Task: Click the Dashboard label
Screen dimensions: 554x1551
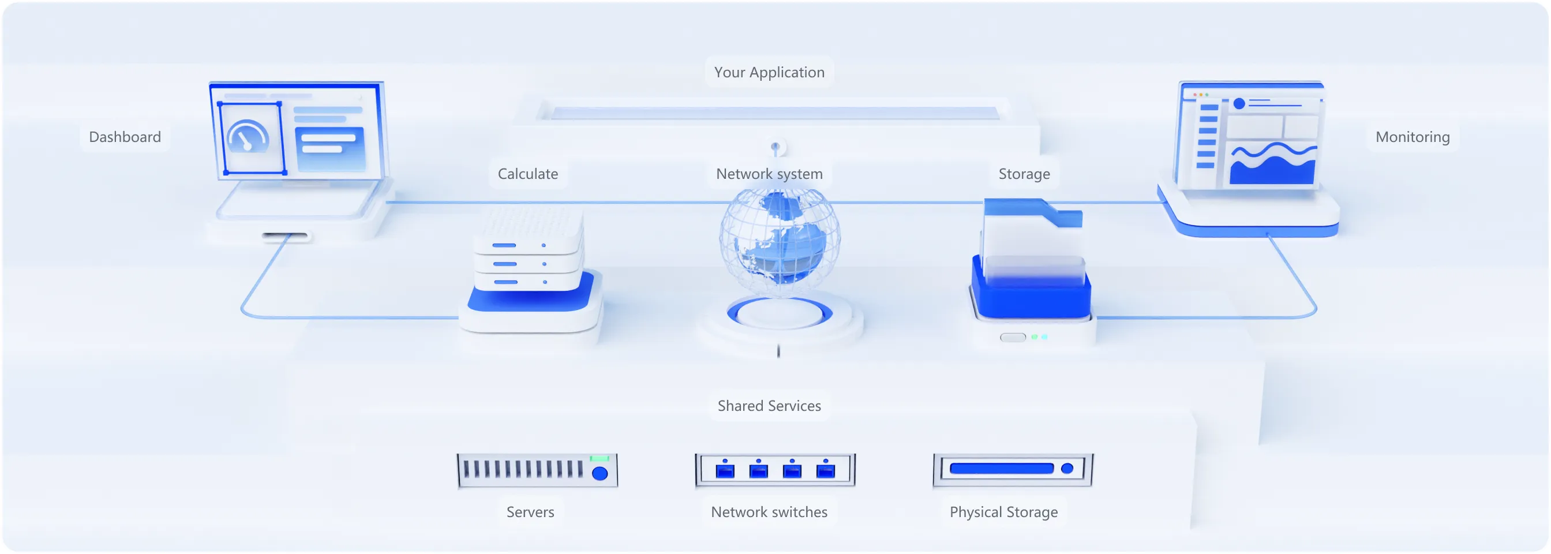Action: pos(125,137)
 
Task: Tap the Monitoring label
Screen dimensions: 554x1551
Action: pos(1412,137)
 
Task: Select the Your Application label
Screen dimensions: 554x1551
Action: pos(769,72)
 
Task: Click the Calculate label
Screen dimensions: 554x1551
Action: pos(527,174)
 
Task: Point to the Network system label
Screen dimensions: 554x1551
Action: pos(769,174)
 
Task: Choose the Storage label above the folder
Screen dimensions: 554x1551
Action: pos(1024,174)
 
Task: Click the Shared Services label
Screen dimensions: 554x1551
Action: pos(769,406)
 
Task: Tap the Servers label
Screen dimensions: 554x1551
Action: pos(530,512)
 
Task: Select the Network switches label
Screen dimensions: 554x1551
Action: pos(769,512)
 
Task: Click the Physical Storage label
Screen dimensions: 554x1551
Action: pos(1003,512)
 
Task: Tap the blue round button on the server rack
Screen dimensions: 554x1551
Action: pos(600,473)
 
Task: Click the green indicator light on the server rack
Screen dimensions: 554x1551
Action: pos(599,459)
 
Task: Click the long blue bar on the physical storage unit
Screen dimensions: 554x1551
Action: pos(1001,469)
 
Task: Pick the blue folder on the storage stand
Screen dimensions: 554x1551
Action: pos(1032,241)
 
